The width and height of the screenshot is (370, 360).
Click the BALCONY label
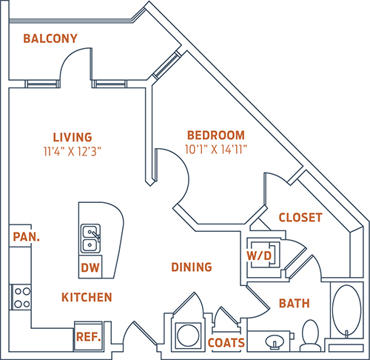click(50, 39)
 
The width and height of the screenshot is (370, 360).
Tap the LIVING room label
click(73, 137)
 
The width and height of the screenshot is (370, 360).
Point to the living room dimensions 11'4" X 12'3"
click(73, 151)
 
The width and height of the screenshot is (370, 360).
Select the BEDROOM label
click(216, 136)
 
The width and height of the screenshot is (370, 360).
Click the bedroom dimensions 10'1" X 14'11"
click(216, 149)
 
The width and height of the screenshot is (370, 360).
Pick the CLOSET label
click(300, 218)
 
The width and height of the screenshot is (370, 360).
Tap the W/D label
click(259, 256)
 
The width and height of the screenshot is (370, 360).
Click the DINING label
click(192, 267)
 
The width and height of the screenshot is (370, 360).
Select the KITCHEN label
click(87, 297)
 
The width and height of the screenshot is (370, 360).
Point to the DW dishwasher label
click(90, 268)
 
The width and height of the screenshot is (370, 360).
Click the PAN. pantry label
click(26, 237)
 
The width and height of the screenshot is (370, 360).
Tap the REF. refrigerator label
click(88, 337)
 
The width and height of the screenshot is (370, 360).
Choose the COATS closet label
click(226, 343)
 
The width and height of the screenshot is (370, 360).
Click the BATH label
click(295, 304)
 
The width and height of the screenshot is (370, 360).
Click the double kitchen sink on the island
click(90, 239)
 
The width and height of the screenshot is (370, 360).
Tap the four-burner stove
click(21, 297)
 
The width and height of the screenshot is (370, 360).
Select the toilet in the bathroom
click(310, 336)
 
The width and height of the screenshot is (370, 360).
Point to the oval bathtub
click(347, 310)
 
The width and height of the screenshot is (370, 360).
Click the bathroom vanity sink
click(275, 341)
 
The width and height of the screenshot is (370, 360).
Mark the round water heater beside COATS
click(188, 336)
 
